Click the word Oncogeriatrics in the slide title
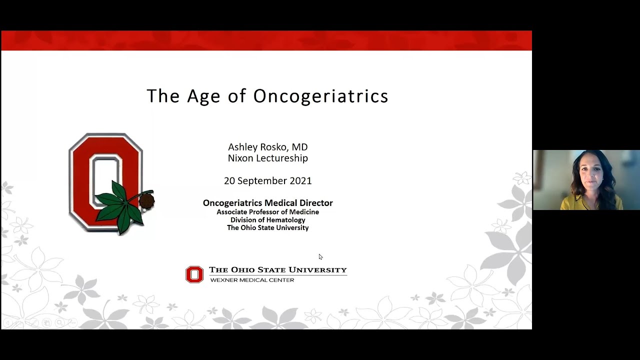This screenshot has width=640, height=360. (320, 95)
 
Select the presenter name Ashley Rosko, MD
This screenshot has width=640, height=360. (267, 147)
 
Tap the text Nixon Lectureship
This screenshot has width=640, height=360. (267, 158)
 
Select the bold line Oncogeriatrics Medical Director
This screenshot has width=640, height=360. (267, 203)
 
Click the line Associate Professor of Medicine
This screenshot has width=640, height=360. (267, 212)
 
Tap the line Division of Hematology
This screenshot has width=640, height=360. (267, 220)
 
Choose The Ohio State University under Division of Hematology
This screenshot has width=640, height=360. (267, 228)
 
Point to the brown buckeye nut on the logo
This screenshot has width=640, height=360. (146, 201)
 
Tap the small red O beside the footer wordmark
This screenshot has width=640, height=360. (194, 274)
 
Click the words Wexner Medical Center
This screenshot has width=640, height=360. (252, 280)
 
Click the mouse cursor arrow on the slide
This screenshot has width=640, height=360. (320, 257)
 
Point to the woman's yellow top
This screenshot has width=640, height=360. (590, 202)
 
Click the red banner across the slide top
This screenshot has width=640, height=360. (266, 40)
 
